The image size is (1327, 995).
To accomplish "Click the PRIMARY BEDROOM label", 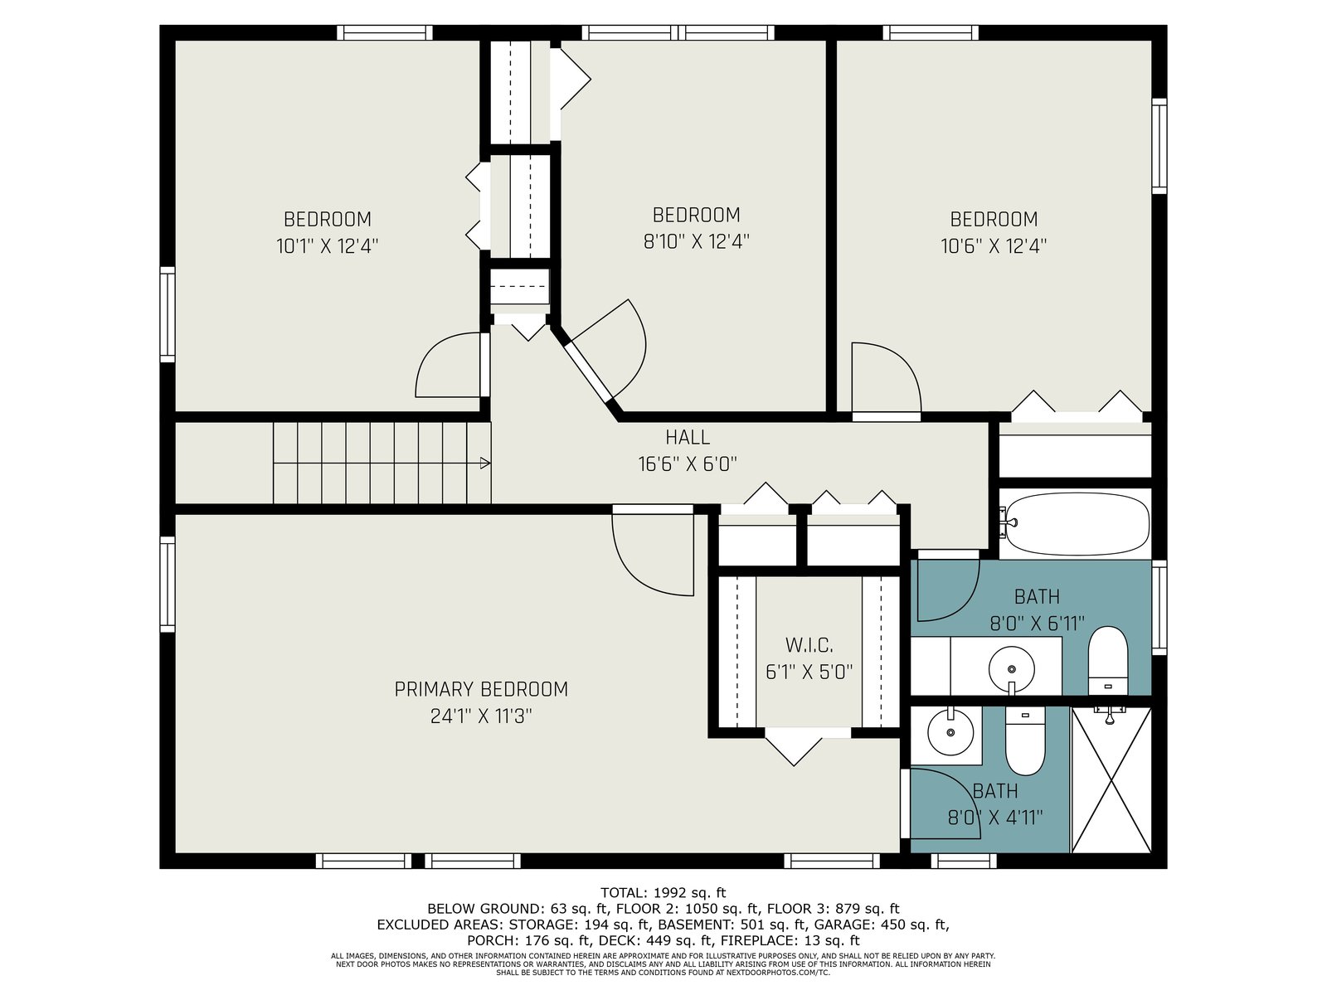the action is (480, 689).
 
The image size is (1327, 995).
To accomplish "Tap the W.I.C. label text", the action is (809, 645).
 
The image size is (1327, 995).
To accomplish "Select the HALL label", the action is (688, 437).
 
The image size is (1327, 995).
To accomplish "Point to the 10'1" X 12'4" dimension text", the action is (327, 246).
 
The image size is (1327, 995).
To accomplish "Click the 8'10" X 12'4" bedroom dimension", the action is (696, 241).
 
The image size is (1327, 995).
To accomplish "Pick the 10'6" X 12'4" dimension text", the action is (994, 246).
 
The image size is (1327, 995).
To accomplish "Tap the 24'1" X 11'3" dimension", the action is (480, 716).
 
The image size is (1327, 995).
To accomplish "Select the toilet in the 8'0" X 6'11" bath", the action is (1107, 661).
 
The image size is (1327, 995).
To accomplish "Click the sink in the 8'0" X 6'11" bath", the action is (1011, 669).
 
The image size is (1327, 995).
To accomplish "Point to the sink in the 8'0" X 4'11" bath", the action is (950, 732).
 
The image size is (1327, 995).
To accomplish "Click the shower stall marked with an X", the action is (1111, 780).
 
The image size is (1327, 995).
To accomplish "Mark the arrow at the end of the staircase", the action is (485, 464).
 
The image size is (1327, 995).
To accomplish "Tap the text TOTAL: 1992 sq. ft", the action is (663, 892).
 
